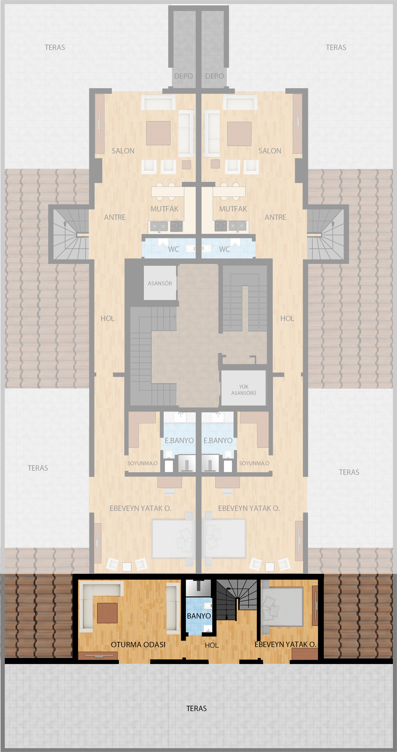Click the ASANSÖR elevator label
click(x=160, y=283)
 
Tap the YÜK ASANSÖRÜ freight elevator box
click(x=243, y=388)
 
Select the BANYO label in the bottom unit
click(x=199, y=616)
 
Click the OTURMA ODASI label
click(x=138, y=644)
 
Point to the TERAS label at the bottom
click(x=196, y=708)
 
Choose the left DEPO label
click(x=183, y=76)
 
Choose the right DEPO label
click(x=214, y=76)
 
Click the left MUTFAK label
click(x=164, y=209)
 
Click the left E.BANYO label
click(x=179, y=440)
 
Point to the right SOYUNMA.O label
click(x=254, y=463)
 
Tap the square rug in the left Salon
click(x=158, y=133)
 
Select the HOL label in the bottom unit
click(x=212, y=645)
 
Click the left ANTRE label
click(x=115, y=217)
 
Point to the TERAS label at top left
click(x=55, y=47)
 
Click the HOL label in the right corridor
click(x=287, y=318)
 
